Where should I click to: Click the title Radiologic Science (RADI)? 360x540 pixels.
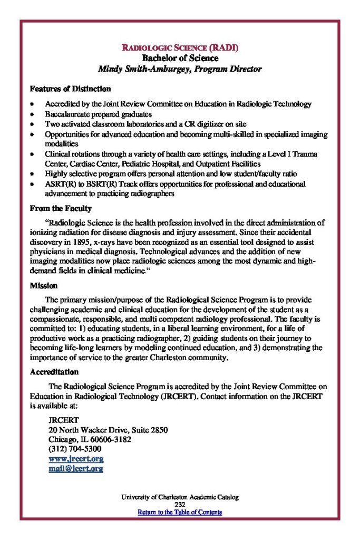[180, 48]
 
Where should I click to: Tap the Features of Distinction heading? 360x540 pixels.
[70, 89]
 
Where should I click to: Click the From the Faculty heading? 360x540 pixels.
[61, 208]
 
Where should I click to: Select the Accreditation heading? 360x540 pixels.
[54, 372]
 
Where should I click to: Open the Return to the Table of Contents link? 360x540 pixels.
[179, 512]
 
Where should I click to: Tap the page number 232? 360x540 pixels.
[179, 505]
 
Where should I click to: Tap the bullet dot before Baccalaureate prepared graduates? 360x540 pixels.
[33, 114]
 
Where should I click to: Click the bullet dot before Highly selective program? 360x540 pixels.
[33, 173]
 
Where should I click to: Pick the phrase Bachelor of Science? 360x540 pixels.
[180, 58]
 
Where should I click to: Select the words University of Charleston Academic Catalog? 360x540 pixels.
[179, 497]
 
